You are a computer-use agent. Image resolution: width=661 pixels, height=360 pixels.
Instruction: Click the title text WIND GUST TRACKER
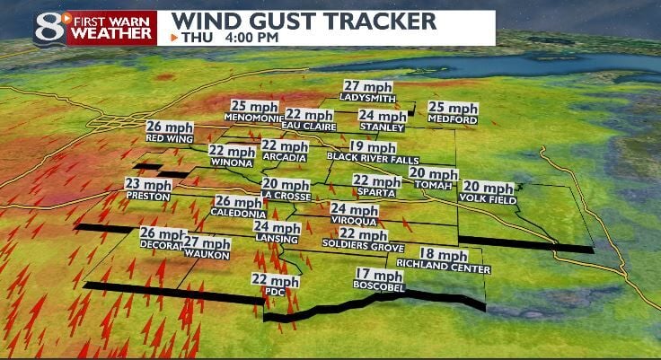pos(304,21)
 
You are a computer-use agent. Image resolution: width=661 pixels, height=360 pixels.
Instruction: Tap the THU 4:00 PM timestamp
pos(228,38)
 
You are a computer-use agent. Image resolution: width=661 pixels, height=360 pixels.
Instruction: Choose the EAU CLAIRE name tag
pos(307,126)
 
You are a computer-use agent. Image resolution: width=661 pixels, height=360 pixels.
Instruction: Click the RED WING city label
pos(166,138)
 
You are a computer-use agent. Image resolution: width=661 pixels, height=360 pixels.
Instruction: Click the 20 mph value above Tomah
pos(432,172)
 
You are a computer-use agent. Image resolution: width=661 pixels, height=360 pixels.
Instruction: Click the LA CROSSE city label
pos(286,196)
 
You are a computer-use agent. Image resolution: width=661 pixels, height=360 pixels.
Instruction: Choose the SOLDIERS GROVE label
pos(357,245)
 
